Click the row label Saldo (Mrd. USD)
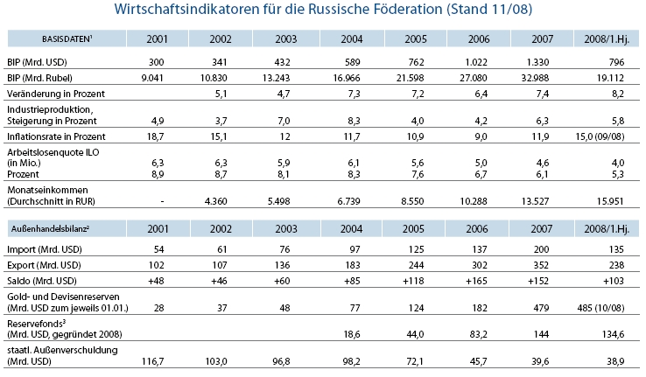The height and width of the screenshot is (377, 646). [x=46, y=281]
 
